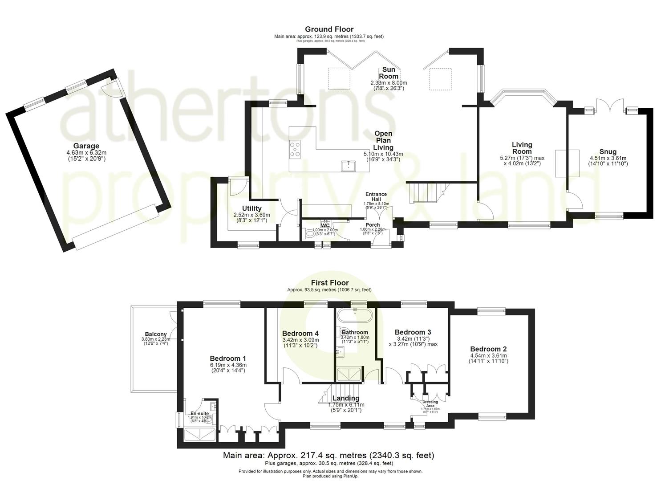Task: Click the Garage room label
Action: coord(86,146)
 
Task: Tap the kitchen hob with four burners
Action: coord(295,149)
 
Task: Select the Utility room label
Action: coord(251,208)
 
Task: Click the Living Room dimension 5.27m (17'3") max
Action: coord(522,158)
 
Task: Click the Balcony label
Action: coord(156,334)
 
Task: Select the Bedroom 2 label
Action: coord(488,349)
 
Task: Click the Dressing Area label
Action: coord(430,403)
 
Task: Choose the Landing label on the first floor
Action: coord(346,398)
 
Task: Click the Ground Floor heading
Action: coord(329,29)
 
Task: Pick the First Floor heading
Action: coord(329,283)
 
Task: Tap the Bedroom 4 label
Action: coord(300,333)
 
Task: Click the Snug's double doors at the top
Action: coord(608,106)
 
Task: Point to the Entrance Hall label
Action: coord(376,197)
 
